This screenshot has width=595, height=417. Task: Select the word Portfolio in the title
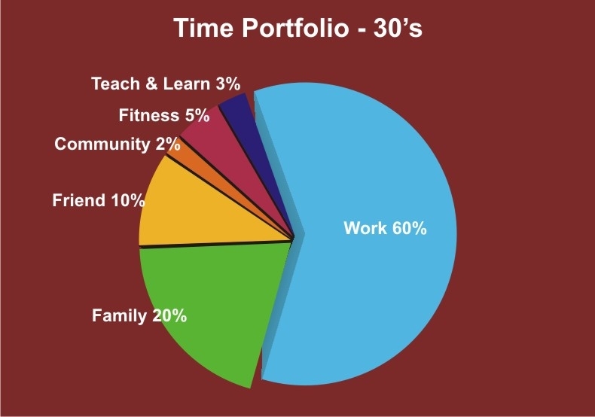pyautogui.click(x=294, y=28)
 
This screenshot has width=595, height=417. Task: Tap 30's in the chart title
pyautogui.click(x=398, y=28)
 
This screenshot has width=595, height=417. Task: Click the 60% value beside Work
pyautogui.click(x=410, y=228)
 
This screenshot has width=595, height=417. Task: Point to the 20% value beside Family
pyautogui.click(x=169, y=315)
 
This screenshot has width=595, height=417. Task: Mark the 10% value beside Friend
pyautogui.click(x=127, y=200)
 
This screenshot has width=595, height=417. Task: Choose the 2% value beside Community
pyautogui.click(x=168, y=144)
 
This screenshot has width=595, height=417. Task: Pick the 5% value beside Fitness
pyautogui.click(x=197, y=115)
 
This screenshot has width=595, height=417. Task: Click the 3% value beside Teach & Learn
pyautogui.click(x=228, y=84)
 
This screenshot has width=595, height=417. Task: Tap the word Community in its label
pyautogui.click(x=102, y=145)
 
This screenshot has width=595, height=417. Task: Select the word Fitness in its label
pyautogui.click(x=149, y=115)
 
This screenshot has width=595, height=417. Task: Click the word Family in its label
pyautogui.click(x=119, y=316)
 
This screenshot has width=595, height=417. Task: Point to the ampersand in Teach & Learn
pyautogui.click(x=151, y=84)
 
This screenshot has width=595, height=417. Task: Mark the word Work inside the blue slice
pyautogui.click(x=365, y=228)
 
